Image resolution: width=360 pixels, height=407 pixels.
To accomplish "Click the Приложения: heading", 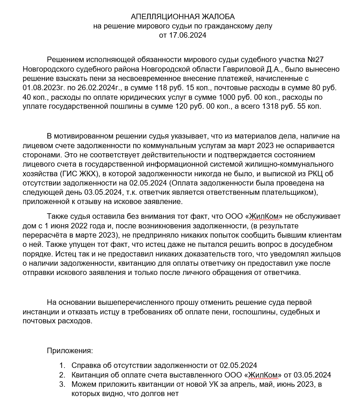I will (70, 351).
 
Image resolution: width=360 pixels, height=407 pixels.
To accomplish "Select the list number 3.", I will (62, 384).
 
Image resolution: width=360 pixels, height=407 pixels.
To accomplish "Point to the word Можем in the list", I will (83, 384).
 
